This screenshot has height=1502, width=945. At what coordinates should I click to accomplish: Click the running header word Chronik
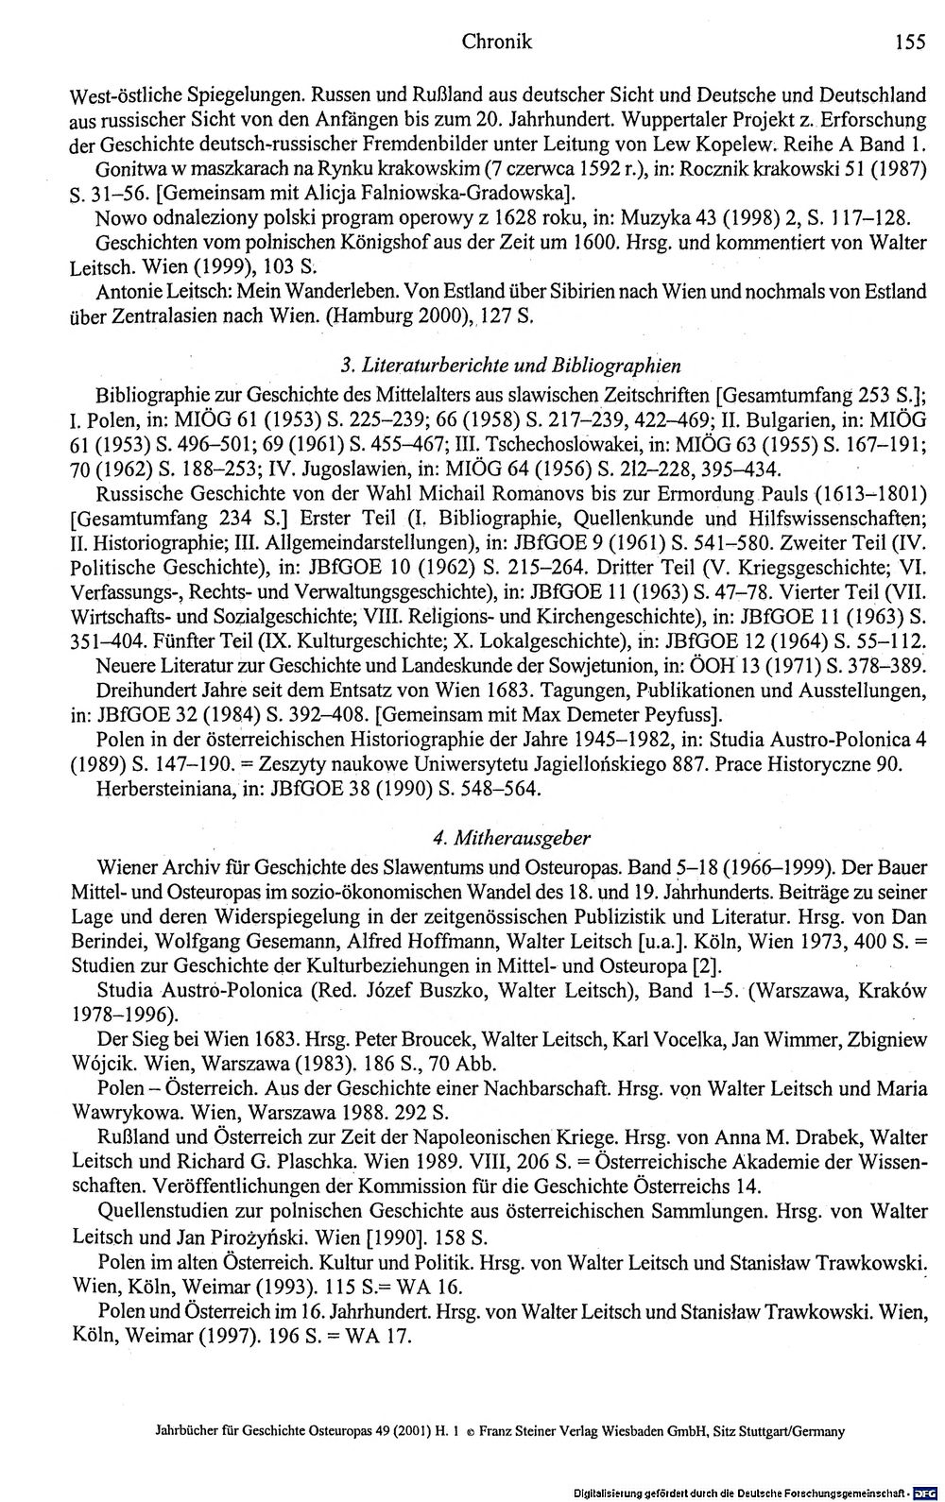point(497,42)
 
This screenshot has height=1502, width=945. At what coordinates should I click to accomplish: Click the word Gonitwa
point(129,169)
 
